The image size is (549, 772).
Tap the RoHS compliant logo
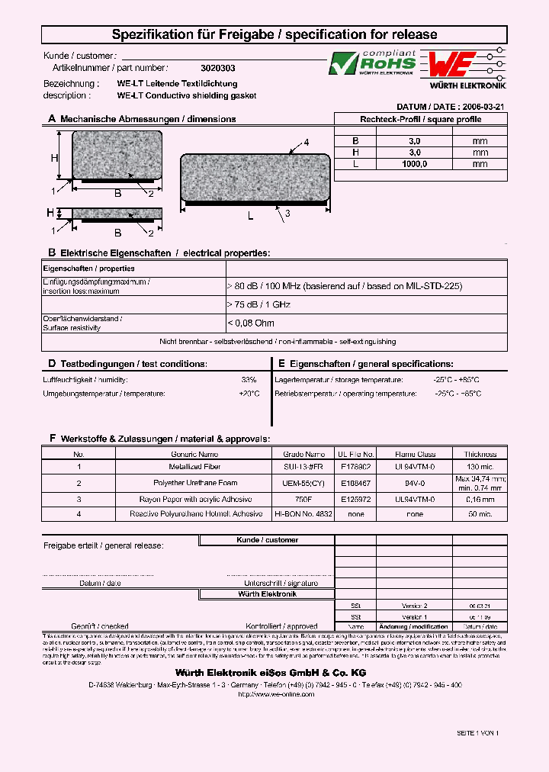pyautogui.click(x=372, y=63)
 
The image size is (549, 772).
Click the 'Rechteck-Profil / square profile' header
pyautogui.click(x=420, y=119)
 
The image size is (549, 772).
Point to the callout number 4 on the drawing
pyautogui.click(x=307, y=143)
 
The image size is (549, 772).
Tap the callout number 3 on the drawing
pyautogui.click(x=287, y=214)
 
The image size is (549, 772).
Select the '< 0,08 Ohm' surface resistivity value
pyautogui.click(x=251, y=323)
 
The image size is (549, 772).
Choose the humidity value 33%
pyautogui.click(x=249, y=379)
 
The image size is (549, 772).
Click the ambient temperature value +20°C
pyautogui.click(x=249, y=394)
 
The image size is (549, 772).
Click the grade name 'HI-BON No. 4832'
pyautogui.click(x=303, y=514)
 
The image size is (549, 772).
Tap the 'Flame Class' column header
pyautogui.click(x=415, y=454)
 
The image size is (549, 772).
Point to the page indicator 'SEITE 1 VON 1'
pyautogui.click(x=477, y=732)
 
